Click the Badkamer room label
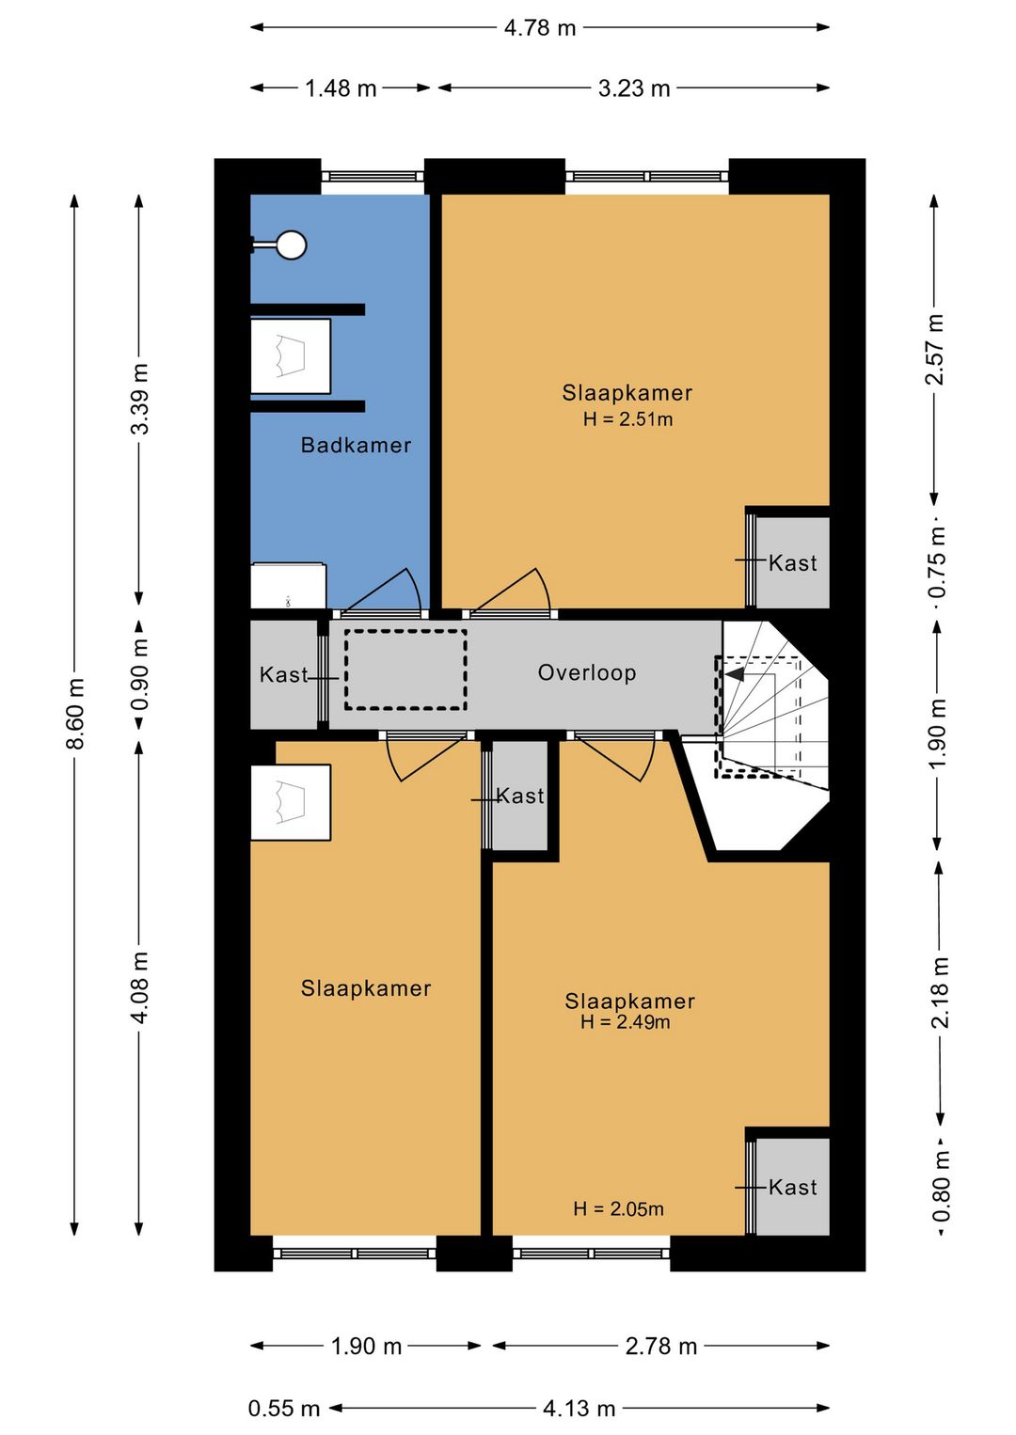(356, 445)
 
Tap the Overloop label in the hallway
(586, 672)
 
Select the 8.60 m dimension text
(75, 714)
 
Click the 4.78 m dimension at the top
(540, 27)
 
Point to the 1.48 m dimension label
(341, 87)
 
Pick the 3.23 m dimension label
(634, 87)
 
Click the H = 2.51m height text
(627, 419)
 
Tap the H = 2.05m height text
(618, 1209)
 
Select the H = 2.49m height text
(625, 1022)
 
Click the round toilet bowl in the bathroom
(292, 244)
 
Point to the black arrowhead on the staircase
(735, 674)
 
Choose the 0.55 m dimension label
(284, 1408)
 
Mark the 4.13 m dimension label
(579, 1408)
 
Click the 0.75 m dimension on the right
(937, 561)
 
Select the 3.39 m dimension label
(140, 399)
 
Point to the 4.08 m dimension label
(140, 987)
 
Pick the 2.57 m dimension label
(934, 349)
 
